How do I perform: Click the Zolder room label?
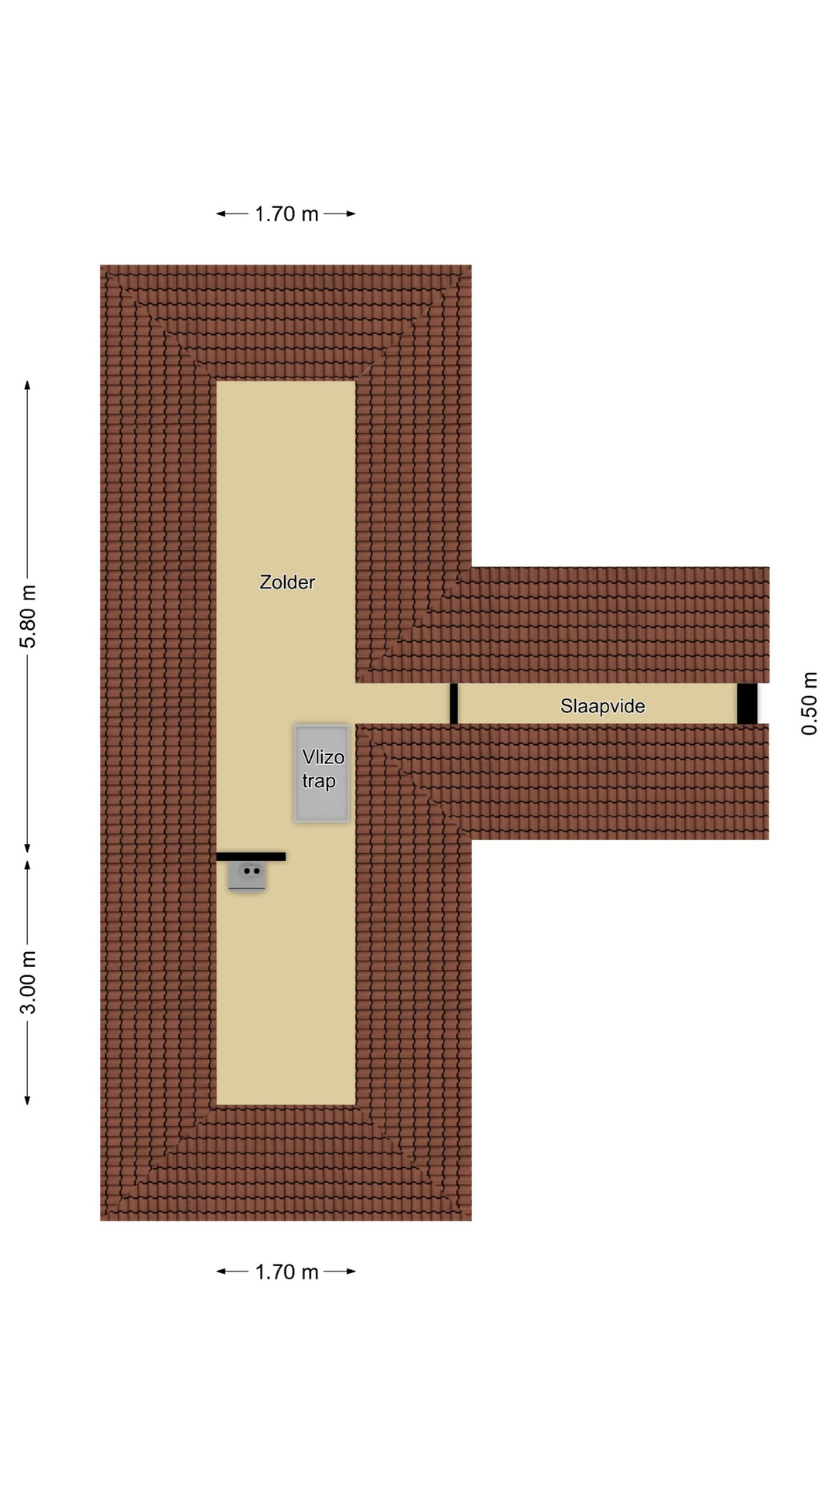287,582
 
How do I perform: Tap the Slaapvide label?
603,706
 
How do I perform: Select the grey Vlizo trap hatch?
321,773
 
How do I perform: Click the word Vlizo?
324,757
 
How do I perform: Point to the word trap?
319,781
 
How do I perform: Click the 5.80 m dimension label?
28,617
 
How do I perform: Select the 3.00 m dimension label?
28,983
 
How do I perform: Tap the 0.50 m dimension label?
809,704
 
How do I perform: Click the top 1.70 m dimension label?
286,214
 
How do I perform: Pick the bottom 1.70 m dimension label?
286,1272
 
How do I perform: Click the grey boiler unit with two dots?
247,876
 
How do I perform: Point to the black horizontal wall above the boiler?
251,857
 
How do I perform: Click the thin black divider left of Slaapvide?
454,704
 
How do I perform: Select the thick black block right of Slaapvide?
747,704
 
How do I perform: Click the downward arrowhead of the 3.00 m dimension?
28,1099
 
